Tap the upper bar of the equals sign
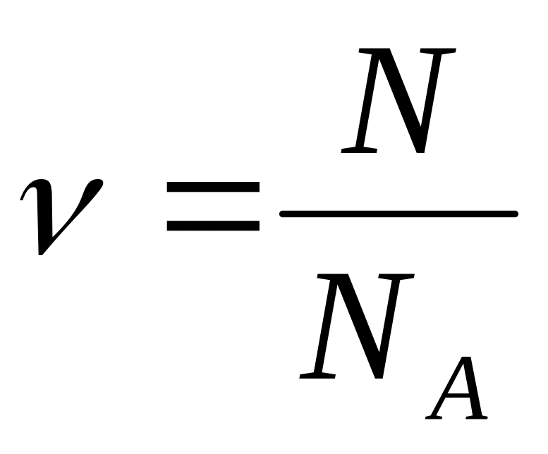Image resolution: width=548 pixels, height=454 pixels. point(212,188)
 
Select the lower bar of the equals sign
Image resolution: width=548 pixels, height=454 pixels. point(212,226)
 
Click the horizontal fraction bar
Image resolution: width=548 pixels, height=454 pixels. point(398,213)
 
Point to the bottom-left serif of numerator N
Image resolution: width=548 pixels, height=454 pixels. point(357,150)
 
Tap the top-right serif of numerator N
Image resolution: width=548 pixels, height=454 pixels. point(441,50)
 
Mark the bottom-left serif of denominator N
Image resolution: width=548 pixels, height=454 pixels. point(315,375)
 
